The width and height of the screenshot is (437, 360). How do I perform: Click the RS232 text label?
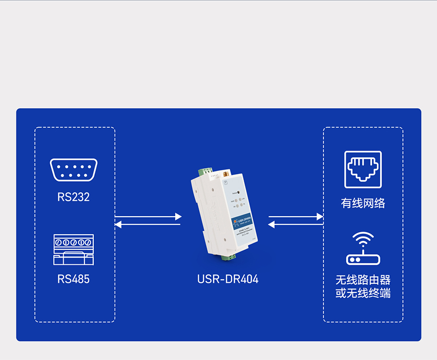(x=73, y=197)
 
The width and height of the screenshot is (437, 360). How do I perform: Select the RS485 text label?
(x=73, y=279)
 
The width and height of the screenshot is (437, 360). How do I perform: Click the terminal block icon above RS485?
(x=73, y=250)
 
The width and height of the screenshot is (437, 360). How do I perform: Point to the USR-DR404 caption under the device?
(x=228, y=279)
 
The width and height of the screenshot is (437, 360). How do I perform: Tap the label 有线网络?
(x=363, y=203)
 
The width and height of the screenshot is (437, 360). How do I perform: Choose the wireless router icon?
(x=363, y=248)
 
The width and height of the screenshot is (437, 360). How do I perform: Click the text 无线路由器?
(x=363, y=280)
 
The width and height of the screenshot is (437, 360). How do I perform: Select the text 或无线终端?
(x=363, y=293)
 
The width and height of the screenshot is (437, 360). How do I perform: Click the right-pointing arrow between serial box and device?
(x=148, y=216)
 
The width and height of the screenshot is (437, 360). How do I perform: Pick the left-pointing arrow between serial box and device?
(x=148, y=224)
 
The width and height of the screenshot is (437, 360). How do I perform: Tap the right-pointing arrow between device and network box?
(x=296, y=216)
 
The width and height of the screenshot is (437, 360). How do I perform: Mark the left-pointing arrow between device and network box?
(x=296, y=224)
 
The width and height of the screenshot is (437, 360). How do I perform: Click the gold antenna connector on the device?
(x=226, y=173)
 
